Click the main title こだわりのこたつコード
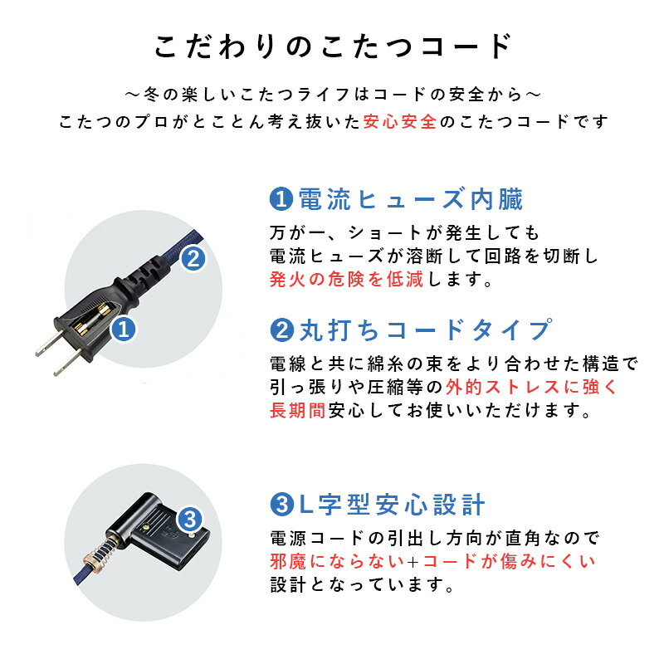click(x=332, y=46)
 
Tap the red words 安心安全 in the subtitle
click(x=400, y=121)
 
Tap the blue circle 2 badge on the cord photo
click(x=192, y=257)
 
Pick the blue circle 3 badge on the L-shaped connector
click(x=190, y=520)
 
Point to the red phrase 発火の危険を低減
click(x=346, y=279)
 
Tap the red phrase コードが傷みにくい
click(x=508, y=562)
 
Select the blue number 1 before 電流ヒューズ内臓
click(x=281, y=200)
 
